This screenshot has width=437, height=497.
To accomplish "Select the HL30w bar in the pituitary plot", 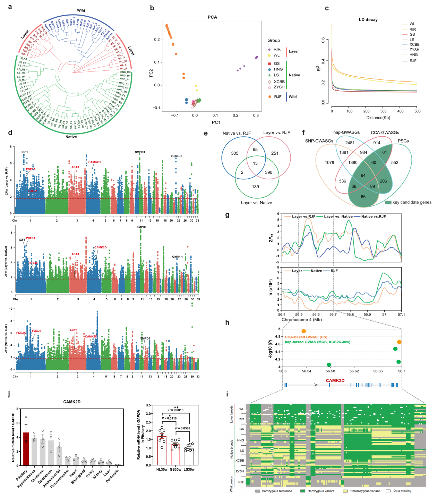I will coord(162,450).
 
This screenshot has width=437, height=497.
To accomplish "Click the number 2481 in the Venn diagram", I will coord(350,143).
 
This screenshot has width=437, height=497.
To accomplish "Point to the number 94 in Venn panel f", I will coord(363,175).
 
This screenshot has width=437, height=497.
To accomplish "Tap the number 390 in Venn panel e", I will coord(268,172).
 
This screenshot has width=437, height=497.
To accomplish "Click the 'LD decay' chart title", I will coord(368,20).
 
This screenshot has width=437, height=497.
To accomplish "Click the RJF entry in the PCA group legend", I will coord(277,97).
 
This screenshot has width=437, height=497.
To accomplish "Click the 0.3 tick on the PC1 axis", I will coord(256,115).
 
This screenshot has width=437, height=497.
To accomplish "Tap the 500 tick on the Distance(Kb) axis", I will coord(417,111).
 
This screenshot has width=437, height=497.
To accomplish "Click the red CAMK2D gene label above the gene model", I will coord(335,380).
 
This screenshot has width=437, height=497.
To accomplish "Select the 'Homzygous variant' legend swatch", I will coord(302,491).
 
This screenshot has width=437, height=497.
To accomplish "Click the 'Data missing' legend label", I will coord(402,491).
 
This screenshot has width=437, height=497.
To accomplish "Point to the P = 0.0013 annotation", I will coord(176,410).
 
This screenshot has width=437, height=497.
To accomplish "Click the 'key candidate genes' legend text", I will coord(412,203).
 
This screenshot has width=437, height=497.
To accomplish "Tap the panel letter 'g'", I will coord(227,215).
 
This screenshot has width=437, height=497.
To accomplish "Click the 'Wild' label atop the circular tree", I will coord(81,10).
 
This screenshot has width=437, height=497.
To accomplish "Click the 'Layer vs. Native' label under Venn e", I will coord(256,203).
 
